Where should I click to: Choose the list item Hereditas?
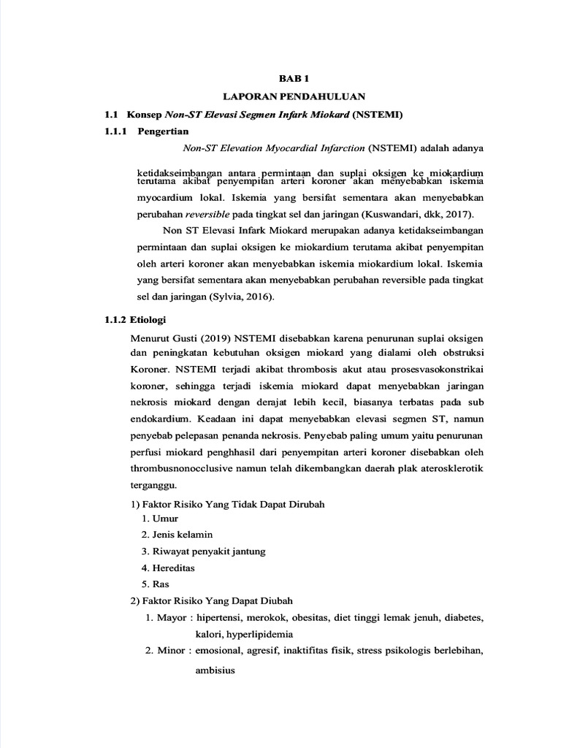[174, 568]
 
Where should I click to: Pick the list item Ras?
[161, 584]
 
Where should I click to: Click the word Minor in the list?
[171, 650]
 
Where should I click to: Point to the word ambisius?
[215, 670]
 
